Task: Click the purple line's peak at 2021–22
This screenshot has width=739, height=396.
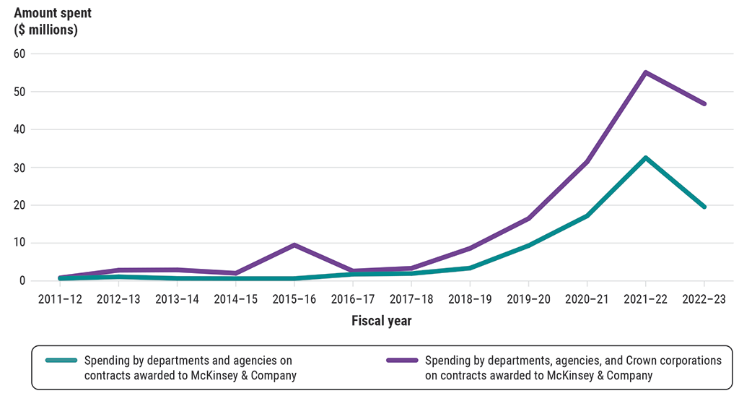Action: tap(645, 72)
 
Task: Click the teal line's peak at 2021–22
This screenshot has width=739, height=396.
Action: tap(645, 158)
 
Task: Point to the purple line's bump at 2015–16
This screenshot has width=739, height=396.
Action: tap(294, 245)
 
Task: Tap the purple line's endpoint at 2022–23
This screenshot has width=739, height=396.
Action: tap(704, 103)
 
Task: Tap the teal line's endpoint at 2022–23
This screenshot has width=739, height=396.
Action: tap(704, 207)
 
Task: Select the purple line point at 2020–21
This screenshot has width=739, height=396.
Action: tap(587, 161)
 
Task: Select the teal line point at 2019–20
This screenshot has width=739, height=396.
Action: tap(528, 246)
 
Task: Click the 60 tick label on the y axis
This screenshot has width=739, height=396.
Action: tap(19, 53)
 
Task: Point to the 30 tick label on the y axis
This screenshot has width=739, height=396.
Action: tap(19, 167)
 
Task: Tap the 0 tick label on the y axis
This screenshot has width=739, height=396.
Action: tap(22, 280)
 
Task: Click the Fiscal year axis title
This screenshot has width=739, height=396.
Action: tap(381, 321)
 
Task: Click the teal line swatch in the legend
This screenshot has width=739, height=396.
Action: tap(61, 360)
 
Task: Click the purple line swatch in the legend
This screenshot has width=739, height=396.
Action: tap(401, 360)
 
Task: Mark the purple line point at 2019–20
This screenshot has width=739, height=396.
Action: tap(528, 218)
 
